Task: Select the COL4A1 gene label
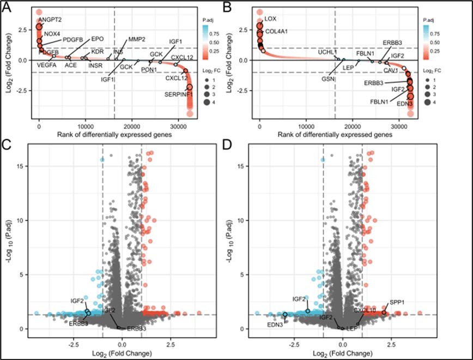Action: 276,31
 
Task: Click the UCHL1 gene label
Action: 329,52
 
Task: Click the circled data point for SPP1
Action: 384,313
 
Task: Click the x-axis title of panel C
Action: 122,353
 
